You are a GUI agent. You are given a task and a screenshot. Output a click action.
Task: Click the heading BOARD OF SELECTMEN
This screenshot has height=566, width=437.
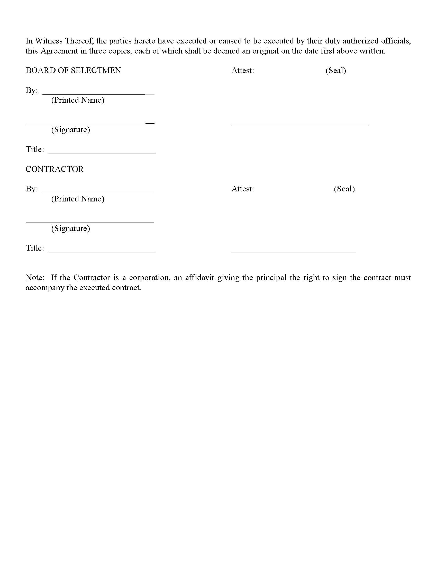73,70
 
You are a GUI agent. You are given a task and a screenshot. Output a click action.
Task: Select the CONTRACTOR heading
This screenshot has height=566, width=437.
54,169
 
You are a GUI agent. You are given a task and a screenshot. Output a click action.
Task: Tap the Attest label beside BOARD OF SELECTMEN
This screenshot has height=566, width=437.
243,70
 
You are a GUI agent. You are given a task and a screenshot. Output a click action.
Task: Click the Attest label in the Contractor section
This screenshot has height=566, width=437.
243,189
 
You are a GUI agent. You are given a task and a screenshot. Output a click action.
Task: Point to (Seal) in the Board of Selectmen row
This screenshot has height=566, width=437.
335,70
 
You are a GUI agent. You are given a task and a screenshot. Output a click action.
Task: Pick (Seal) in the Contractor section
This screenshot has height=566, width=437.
344,189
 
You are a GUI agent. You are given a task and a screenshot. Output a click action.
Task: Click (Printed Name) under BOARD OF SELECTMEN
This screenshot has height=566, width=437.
78,100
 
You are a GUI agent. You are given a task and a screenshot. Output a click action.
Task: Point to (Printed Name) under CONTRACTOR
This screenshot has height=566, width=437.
78,199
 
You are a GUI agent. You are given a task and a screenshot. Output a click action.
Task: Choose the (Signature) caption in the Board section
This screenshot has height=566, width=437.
70,130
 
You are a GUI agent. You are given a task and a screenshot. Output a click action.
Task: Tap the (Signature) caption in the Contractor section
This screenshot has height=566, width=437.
70,228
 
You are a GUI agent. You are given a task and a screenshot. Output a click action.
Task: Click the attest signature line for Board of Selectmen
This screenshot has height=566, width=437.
300,124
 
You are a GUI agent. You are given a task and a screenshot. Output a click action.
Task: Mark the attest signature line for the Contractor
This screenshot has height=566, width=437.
293,251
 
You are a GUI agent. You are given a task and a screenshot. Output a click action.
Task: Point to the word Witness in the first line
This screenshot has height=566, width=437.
49,41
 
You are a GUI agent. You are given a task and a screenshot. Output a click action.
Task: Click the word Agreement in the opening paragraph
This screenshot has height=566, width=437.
59,51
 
